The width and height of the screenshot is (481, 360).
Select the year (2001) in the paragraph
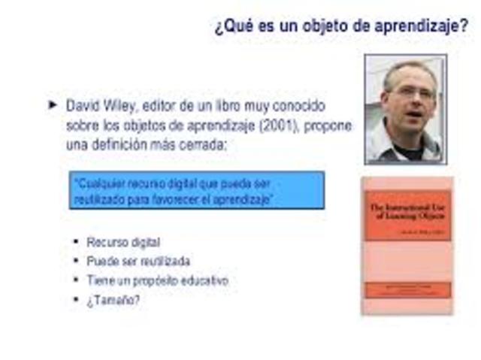(x=280, y=125)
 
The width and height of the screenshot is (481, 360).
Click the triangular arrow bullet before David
(x=53, y=105)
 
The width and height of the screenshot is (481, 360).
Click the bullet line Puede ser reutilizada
(x=138, y=262)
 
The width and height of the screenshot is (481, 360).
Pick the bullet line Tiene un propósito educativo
(x=157, y=281)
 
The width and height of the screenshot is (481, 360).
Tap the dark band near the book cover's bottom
(x=407, y=289)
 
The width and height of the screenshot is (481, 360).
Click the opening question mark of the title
(x=218, y=28)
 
